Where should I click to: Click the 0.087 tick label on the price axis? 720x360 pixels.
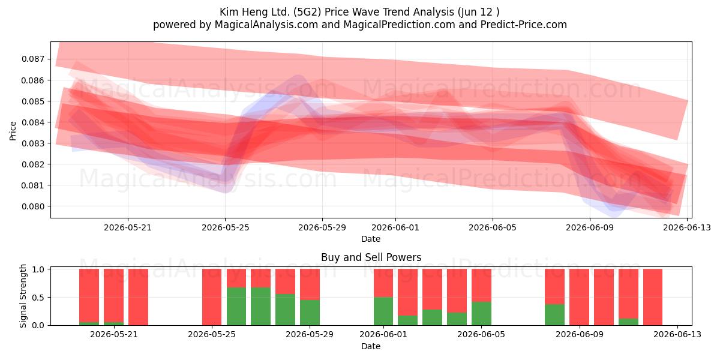tap(32, 59)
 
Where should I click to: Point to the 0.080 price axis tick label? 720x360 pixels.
tap(32, 206)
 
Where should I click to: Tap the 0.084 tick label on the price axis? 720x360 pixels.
tap(32, 122)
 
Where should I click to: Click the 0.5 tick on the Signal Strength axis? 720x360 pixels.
tap(38, 298)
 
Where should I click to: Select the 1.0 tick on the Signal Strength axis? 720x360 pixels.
tap(38, 269)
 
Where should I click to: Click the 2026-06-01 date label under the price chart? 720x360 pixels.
tap(395, 227)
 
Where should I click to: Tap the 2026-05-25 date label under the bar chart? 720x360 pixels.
tap(212, 334)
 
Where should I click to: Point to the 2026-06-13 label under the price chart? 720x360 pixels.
tap(687, 227)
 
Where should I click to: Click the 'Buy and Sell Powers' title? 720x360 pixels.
tap(371, 257)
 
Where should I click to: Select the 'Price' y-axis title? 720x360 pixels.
tap(13, 131)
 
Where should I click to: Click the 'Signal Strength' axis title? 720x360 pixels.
tap(23, 296)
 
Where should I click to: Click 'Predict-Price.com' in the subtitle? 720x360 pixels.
tap(524, 25)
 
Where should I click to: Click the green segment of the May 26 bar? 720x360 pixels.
tap(236, 307)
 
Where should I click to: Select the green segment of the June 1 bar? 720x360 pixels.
tap(383, 311)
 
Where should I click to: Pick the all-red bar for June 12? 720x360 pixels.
tap(653, 297)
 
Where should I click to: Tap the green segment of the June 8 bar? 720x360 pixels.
tap(554, 314)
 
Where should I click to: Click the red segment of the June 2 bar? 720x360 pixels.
tap(407, 292)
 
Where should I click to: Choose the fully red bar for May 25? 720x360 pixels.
tap(212, 297)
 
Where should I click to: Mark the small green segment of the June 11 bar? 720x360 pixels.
tap(628, 322)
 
